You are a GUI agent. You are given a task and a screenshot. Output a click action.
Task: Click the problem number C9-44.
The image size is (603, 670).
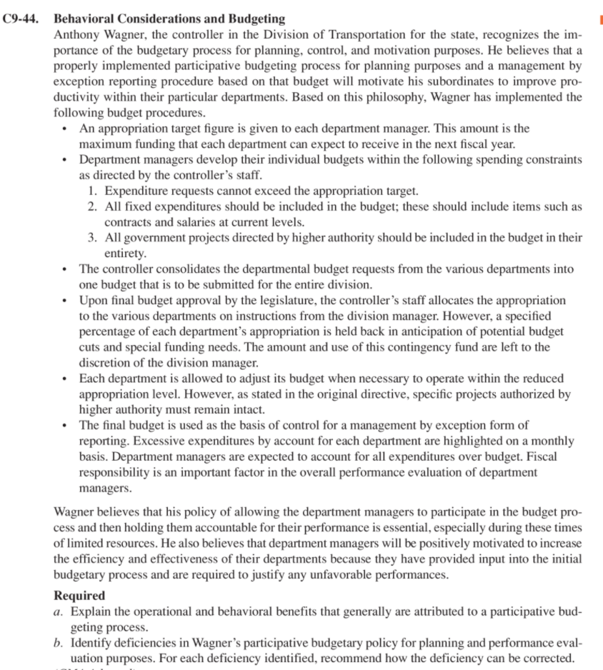coord(26,19)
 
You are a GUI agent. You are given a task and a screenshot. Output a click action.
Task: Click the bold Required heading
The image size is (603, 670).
coord(79,595)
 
